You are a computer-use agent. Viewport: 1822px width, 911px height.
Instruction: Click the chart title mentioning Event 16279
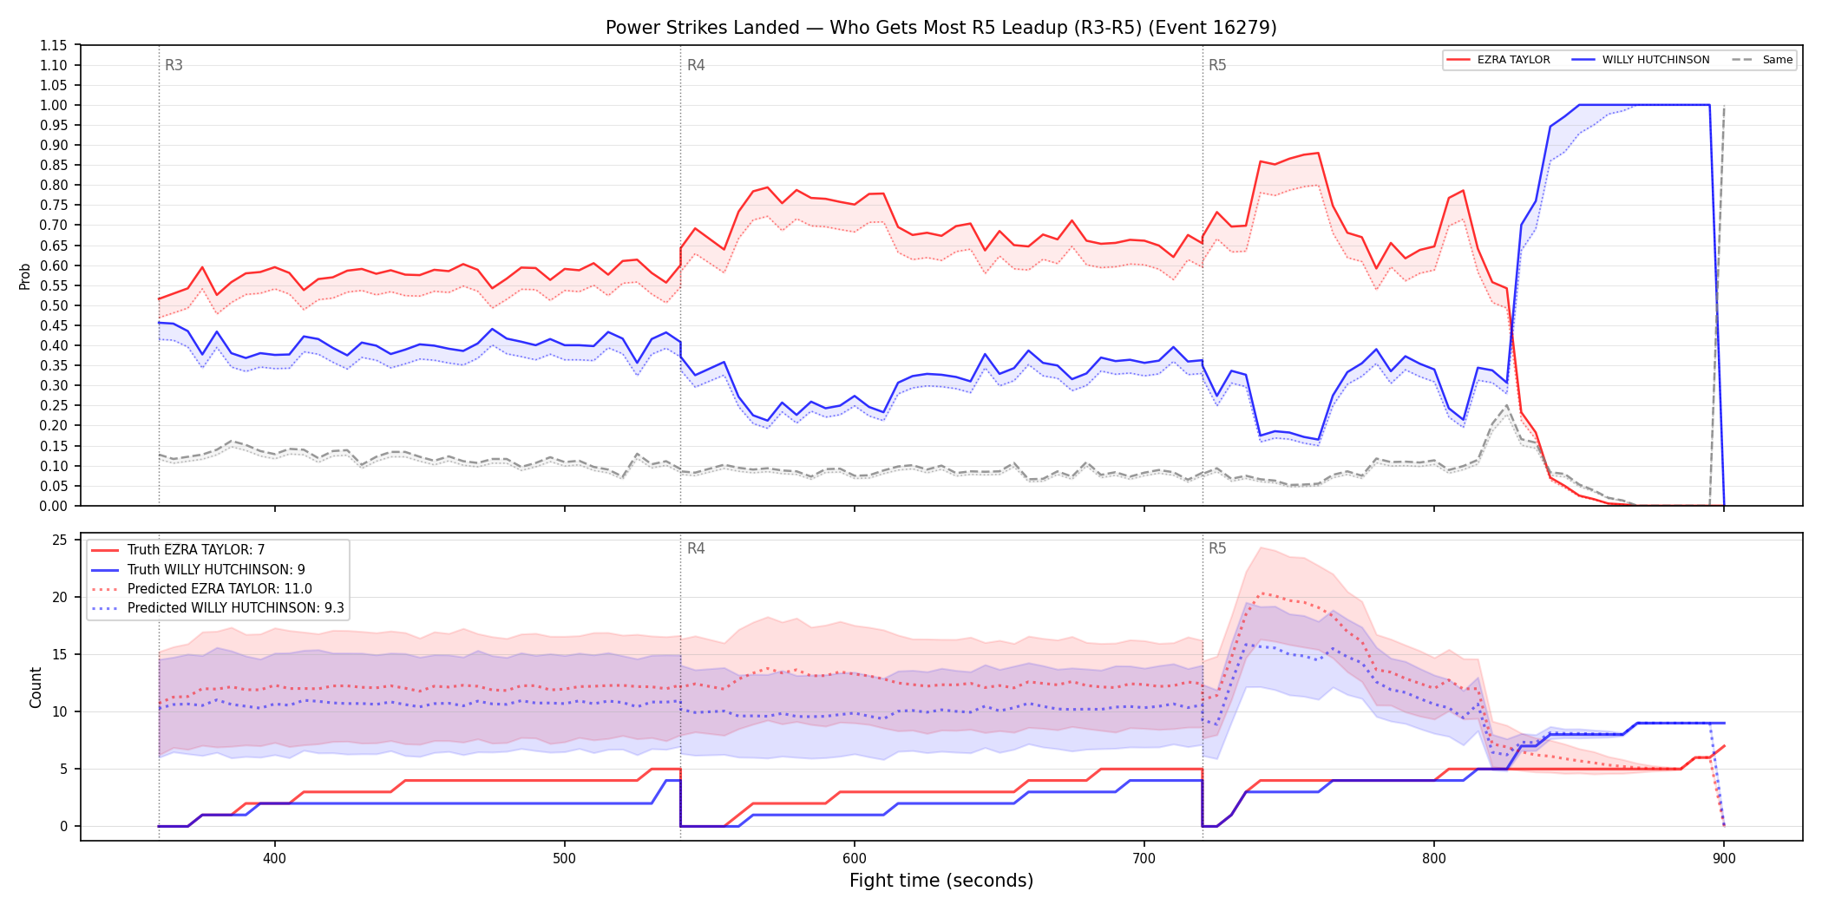tap(940, 28)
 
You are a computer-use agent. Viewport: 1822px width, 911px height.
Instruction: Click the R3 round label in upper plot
tap(174, 65)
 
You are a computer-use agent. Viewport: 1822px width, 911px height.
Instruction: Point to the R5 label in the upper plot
tap(1217, 65)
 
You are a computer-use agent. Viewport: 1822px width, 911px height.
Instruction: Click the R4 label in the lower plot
tap(696, 548)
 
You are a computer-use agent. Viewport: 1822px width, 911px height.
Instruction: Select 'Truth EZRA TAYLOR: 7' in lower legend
tap(196, 550)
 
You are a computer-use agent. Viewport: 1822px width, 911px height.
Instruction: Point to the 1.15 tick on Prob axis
tap(54, 45)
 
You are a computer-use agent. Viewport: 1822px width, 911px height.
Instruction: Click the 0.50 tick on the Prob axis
tap(54, 305)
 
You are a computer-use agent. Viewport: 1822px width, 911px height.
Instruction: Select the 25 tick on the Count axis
tap(60, 540)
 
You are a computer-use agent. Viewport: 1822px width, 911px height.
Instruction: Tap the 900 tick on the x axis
tap(1724, 859)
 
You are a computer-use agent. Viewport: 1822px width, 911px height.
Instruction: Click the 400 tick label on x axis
tap(274, 859)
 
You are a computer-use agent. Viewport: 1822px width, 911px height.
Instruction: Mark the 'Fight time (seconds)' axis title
tap(941, 881)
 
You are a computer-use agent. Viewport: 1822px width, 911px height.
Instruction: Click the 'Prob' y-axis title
tap(25, 276)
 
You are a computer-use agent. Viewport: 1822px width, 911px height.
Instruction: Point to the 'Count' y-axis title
tap(36, 687)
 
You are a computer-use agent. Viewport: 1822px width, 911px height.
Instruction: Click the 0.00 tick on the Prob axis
tap(54, 506)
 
